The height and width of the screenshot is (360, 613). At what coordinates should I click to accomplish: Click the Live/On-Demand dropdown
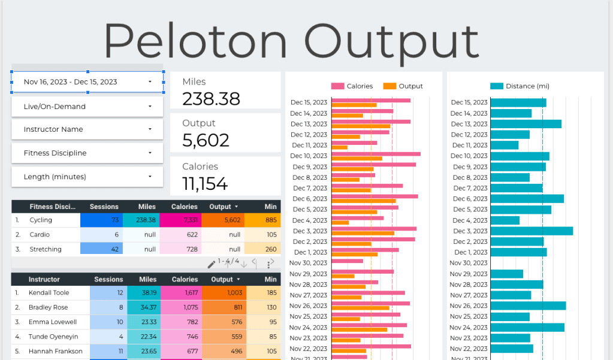coord(87,107)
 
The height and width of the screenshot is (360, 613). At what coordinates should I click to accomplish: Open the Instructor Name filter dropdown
coord(87,129)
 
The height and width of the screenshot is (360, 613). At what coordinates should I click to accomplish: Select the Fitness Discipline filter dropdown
coord(87,153)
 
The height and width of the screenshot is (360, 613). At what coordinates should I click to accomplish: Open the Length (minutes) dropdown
coord(87,177)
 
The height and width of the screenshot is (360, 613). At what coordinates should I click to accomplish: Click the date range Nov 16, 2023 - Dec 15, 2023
coord(87,82)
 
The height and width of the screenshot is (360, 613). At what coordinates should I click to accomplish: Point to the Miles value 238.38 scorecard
coord(211,99)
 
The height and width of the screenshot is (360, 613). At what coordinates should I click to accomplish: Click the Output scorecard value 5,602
coord(206,140)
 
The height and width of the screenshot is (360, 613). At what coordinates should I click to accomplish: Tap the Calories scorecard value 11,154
coord(205,183)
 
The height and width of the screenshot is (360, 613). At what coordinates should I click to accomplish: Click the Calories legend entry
coord(352,86)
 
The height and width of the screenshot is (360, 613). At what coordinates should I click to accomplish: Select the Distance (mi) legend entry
coord(520,86)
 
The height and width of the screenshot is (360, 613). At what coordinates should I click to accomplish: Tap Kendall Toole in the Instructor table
coord(49,293)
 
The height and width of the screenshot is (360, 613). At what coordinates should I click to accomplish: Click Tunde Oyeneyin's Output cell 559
coord(224,336)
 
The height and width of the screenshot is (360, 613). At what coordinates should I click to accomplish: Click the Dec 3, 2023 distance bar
coord(532,231)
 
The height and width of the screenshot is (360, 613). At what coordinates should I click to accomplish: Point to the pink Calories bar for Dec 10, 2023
coord(376,154)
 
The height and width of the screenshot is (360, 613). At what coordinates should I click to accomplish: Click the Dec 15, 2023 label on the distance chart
coord(469,102)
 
